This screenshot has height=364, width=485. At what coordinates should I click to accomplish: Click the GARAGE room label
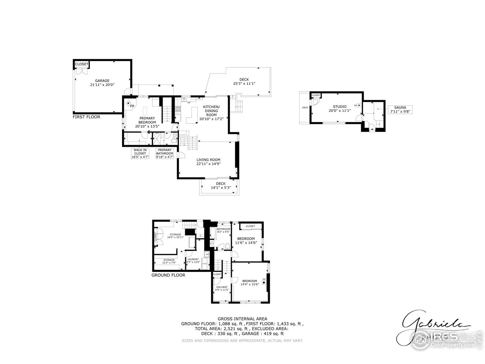click(102, 80)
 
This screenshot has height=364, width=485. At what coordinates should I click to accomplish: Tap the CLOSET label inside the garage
click(81, 64)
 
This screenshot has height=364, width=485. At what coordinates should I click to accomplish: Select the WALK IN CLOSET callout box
click(140, 154)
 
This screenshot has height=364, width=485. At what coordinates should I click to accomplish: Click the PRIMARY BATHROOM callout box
click(165, 154)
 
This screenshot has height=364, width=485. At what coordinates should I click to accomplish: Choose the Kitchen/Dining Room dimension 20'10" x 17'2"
click(211, 118)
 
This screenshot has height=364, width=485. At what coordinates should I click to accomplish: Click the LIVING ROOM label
click(208, 160)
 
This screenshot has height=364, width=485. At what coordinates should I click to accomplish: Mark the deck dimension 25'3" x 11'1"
click(244, 83)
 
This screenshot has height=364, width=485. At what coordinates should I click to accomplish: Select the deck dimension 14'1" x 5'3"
click(220, 187)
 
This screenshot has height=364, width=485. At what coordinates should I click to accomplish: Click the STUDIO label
click(339, 107)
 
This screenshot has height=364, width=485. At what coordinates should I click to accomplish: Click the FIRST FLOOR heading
click(86, 117)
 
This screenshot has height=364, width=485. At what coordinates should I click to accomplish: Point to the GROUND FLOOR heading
click(168, 275)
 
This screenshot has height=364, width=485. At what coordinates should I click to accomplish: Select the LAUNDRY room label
click(193, 259)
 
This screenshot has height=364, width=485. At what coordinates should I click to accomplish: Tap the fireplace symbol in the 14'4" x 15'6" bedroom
click(264, 281)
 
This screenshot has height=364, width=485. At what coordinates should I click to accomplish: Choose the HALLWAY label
click(222, 287)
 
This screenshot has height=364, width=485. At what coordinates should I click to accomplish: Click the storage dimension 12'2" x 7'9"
click(169, 263)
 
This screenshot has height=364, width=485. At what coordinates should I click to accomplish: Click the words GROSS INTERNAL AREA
click(242, 318)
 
